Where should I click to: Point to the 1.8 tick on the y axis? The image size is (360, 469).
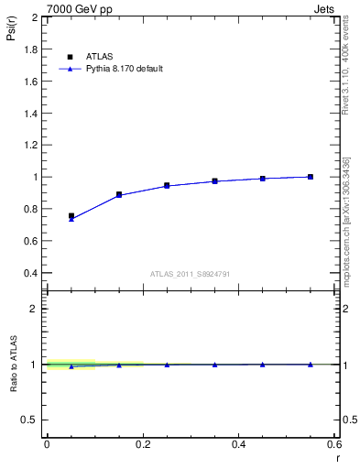pyautogui.click(x=31, y=49)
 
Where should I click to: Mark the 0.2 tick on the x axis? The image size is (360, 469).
pyautogui.click(x=142, y=443)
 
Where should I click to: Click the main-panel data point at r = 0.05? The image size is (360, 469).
pyautogui.click(x=71, y=217)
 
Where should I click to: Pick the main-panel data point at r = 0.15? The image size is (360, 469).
pyautogui.click(x=119, y=195)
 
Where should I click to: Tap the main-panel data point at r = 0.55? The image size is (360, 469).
pyautogui.click(x=311, y=177)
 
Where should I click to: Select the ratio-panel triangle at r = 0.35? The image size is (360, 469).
pyautogui.click(x=215, y=365)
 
